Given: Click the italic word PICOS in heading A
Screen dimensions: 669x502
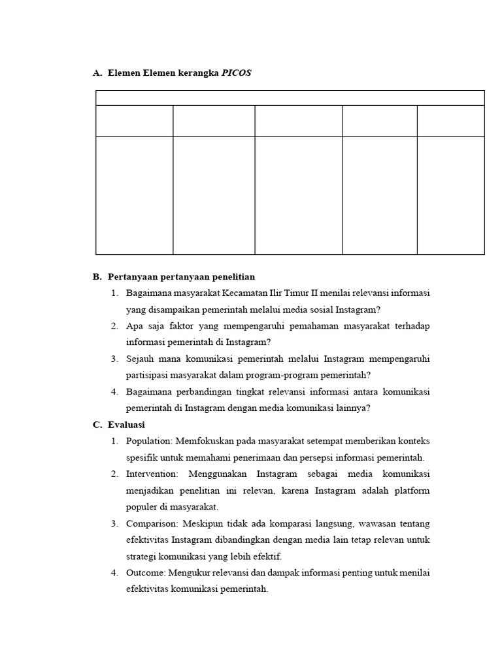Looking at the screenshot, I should coord(236,73).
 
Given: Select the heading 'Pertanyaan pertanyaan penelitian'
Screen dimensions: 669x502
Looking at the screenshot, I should coord(181,276).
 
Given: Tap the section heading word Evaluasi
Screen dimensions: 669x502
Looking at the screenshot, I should coord(127,425).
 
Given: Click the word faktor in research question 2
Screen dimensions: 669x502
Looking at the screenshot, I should coord(174,325).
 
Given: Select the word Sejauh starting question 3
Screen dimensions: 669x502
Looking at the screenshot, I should coord(140,359).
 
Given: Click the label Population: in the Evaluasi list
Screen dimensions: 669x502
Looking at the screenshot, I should coord(148,441).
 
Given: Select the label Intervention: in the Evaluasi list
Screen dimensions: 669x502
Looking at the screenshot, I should coord(152,474).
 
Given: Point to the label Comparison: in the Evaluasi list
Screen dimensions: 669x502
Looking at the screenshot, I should coord(150,523).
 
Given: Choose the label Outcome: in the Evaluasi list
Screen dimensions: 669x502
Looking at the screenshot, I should coord(146,573).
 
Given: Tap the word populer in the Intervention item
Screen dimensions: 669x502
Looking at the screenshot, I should coord(142,507).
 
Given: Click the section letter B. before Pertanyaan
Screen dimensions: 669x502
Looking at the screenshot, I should coord(97,276).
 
